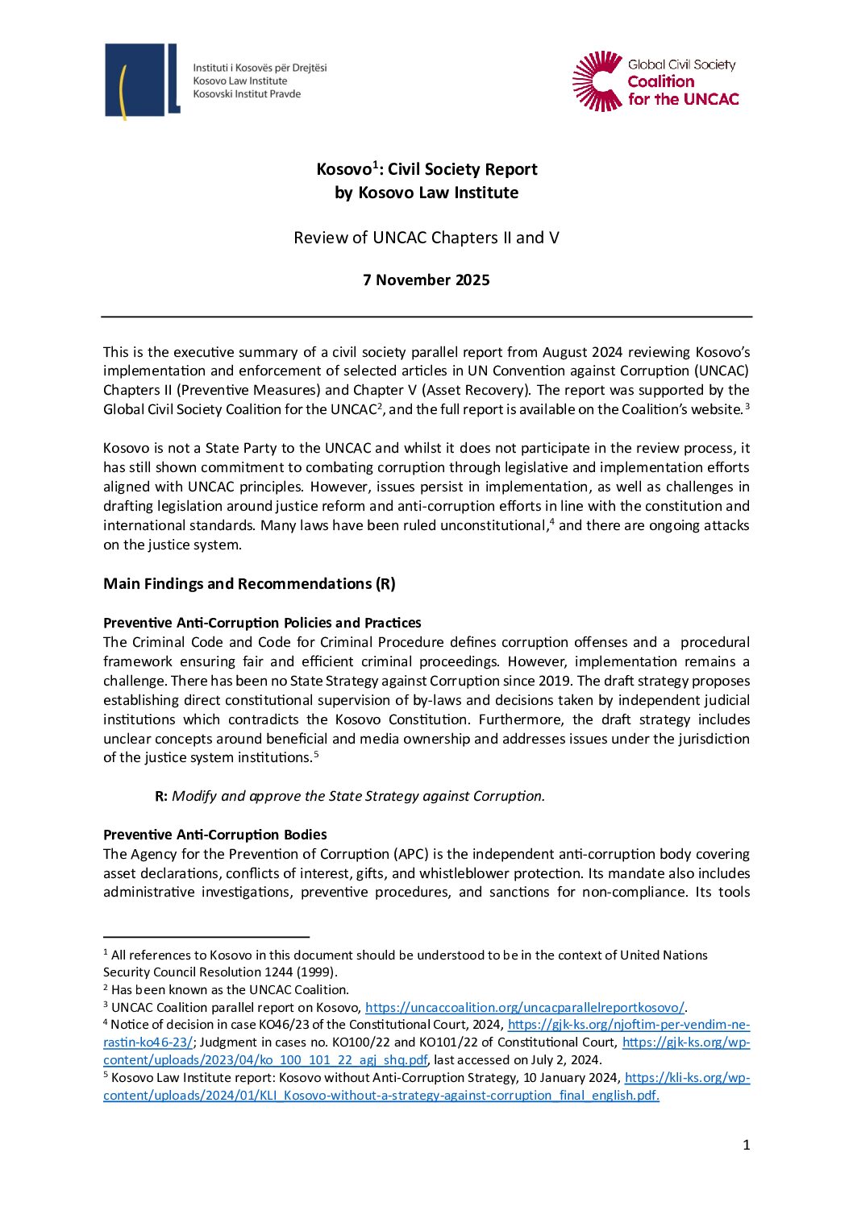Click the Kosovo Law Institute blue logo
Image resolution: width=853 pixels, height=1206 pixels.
point(142,81)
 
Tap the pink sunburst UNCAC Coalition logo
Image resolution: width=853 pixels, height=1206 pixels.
point(597,81)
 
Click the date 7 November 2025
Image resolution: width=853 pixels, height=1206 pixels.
point(426,280)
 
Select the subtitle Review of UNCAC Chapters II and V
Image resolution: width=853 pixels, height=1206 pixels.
point(426,238)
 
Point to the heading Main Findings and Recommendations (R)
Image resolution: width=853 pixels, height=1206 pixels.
point(249,584)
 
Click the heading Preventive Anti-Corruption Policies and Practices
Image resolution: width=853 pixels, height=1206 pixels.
point(262,623)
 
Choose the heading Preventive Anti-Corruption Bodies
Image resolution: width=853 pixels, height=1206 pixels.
point(215,835)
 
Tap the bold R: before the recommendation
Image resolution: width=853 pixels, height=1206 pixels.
point(161,796)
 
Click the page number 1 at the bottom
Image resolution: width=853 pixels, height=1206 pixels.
point(747,1145)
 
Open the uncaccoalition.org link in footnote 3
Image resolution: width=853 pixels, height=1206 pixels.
point(524,1007)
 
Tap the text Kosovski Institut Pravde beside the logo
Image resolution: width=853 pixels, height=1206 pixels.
point(247,94)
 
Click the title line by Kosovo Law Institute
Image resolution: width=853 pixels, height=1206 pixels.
point(426,193)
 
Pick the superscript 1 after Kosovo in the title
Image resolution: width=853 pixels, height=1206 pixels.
point(375,164)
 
